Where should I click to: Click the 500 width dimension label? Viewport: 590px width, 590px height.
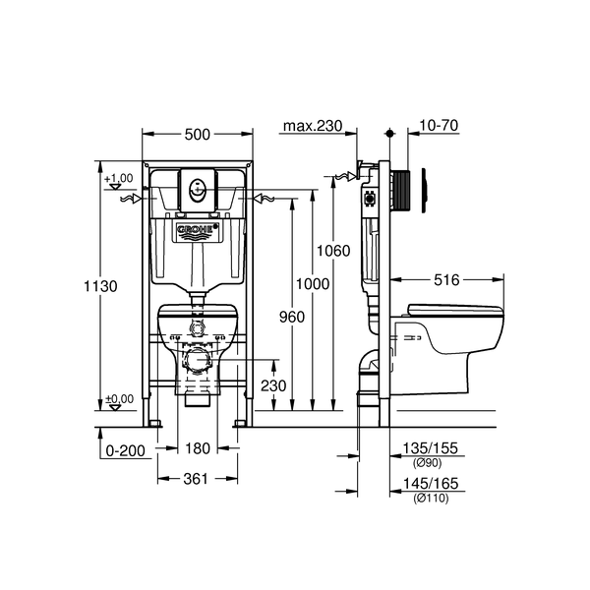point(198,135)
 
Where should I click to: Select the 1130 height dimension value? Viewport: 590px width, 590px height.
point(100,286)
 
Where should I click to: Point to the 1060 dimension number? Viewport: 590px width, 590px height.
point(333,251)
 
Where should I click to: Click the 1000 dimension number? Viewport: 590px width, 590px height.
point(313,284)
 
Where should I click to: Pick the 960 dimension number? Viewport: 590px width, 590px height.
point(292,318)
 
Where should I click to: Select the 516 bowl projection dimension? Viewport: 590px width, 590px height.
point(446,280)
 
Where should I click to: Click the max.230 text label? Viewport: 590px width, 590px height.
point(313,126)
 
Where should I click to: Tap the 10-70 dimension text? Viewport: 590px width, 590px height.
point(439,125)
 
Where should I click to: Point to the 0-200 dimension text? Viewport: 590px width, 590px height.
point(125,450)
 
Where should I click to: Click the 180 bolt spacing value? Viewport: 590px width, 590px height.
point(198,448)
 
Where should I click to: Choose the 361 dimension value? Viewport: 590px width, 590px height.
point(196,479)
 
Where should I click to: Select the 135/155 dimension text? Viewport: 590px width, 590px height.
point(431,448)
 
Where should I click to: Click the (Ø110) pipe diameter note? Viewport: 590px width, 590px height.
point(431,499)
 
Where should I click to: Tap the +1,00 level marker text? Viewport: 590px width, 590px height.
point(119,178)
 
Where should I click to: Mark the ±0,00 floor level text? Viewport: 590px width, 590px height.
point(119,399)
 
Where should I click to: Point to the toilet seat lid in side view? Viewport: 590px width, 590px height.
point(455,310)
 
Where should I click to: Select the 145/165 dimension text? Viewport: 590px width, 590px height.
point(431,484)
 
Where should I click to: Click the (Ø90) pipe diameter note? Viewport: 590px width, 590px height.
point(427,463)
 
